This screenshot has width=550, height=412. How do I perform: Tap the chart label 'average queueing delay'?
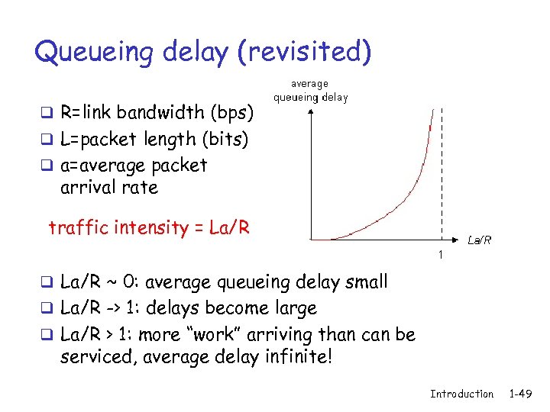pos(310,91)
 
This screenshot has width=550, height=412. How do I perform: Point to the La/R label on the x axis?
pos(479,240)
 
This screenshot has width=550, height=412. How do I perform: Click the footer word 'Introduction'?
pos(461,394)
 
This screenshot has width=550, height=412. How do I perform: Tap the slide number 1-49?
pos(521,394)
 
